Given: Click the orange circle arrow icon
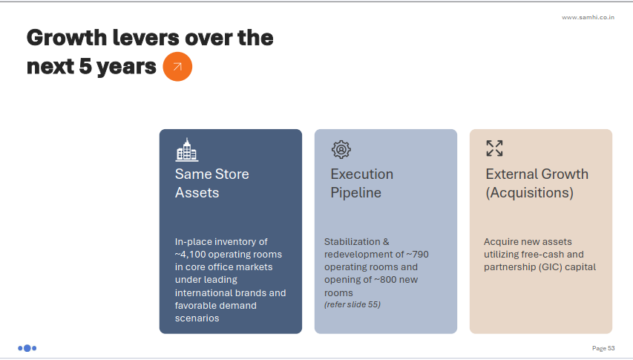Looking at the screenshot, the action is pyautogui.click(x=177, y=67).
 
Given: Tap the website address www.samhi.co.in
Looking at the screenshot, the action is pyautogui.click(x=588, y=17).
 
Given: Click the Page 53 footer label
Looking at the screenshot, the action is pyautogui.click(x=603, y=348).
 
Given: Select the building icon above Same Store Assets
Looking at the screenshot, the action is pyautogui.click(x=187, y=150).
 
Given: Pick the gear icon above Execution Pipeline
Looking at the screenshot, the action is pyautogui.click(x=341, y=149).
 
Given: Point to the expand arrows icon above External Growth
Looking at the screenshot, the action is pyautogui.click(x=494, y=148).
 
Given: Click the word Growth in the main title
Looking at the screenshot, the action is pyautogui.click(x=67, y=39).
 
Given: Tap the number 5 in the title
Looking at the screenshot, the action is pyautogui.click(x=85, y=66).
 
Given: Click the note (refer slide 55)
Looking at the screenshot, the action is pyautogui.click(x=352, y=305).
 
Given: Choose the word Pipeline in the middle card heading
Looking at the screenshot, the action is pyautogui.click(x=355, y=193).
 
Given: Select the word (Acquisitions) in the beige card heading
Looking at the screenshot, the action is pyautogui.click(x=530, y=193).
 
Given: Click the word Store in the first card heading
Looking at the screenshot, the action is pyautogui.click(x=232, y=174).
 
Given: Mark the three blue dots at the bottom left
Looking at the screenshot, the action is pyautogui.click(x=27, y=348).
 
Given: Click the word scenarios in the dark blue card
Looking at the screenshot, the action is pyautogui.click(x=197, y=318).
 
